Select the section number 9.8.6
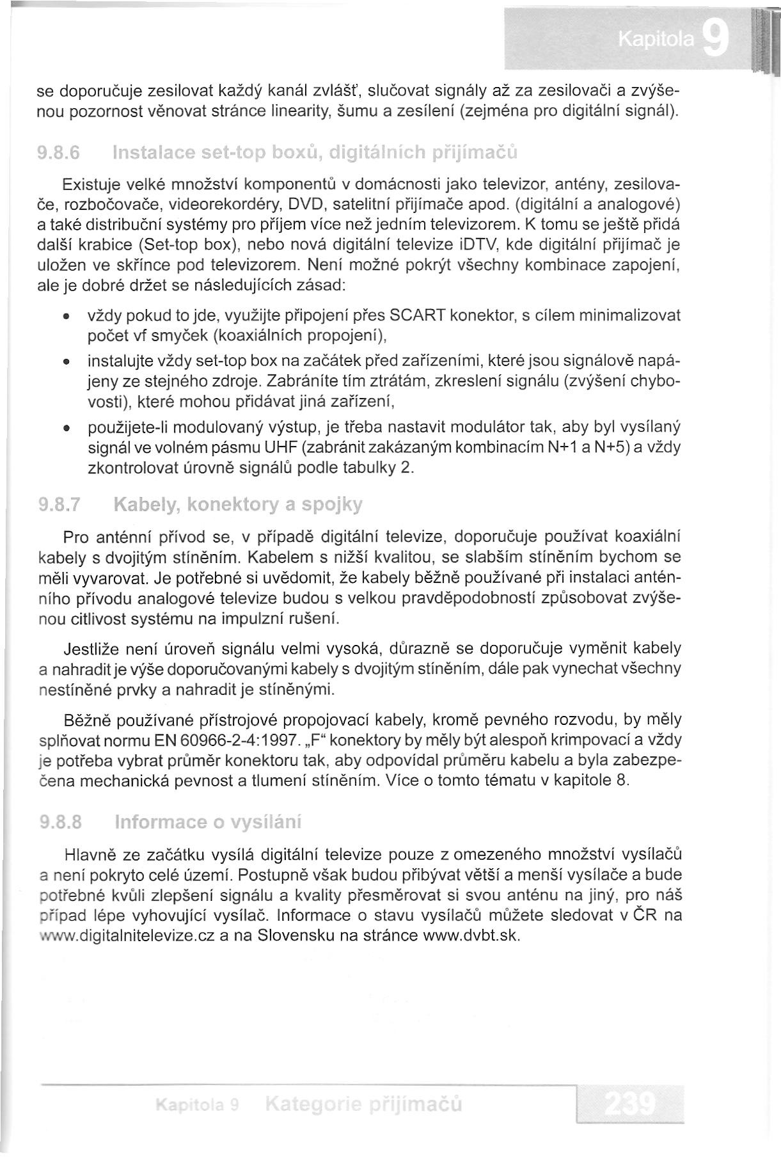(x=59, y=154)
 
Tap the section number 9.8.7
(x=59, y=505)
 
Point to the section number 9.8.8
(x=59, y=822)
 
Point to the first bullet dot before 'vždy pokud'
(x=67, y=317)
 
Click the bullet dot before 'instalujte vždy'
(x=67, y=362)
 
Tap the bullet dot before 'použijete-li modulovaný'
(x=67, y=427)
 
